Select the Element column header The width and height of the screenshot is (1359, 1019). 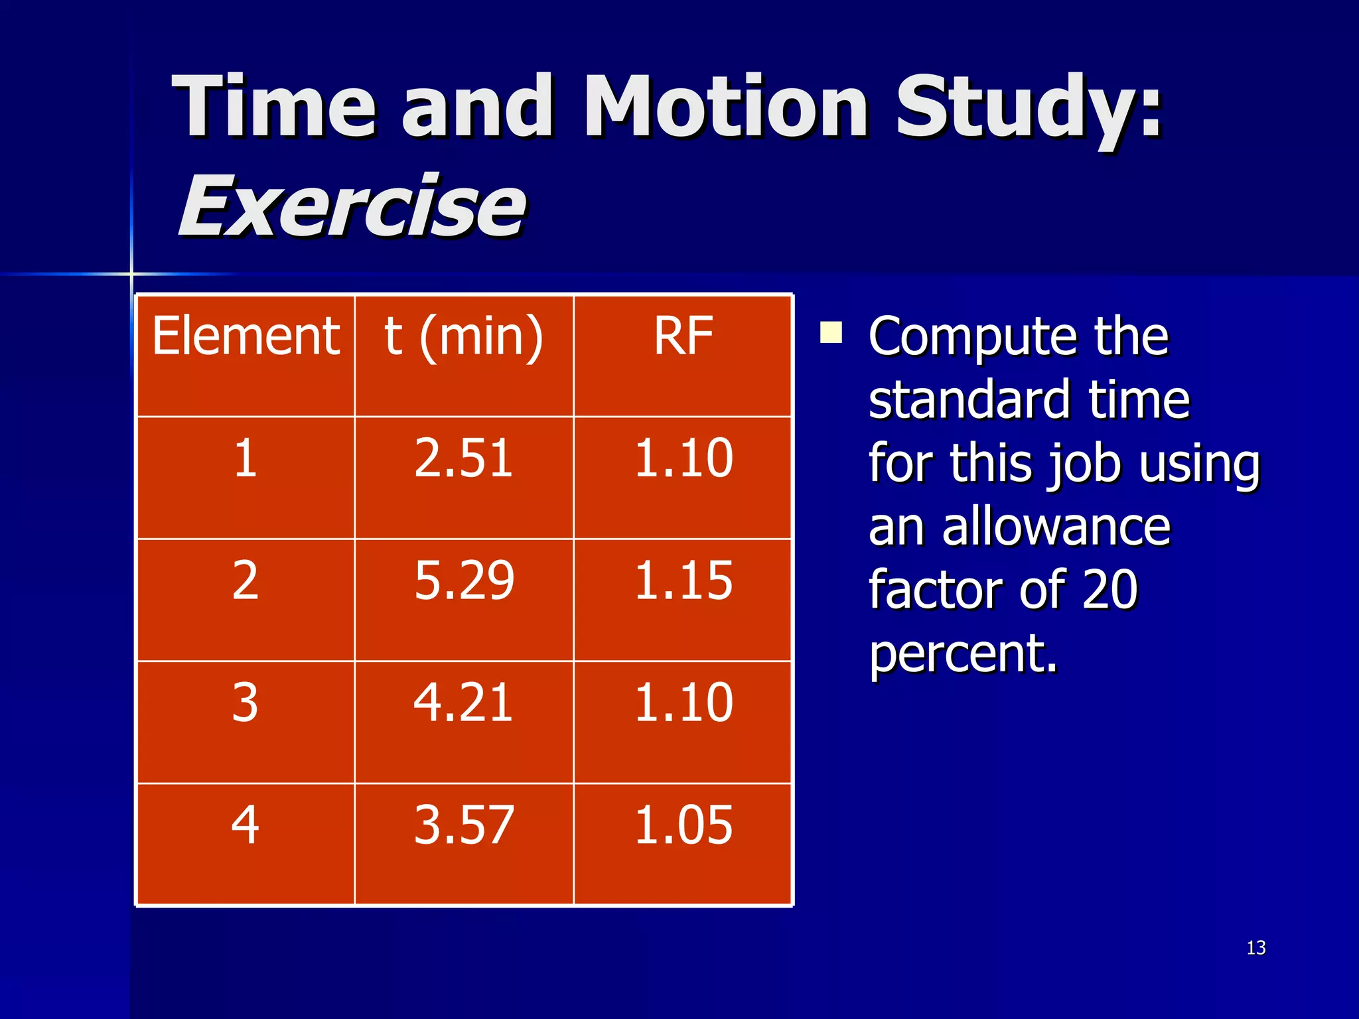coord(246,336)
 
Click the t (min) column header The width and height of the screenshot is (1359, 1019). coord(464,336)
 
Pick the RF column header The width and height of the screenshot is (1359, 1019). coord(683,336)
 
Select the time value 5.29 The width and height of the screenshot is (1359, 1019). coord(464,580)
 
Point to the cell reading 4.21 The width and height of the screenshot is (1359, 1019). coord(464,703)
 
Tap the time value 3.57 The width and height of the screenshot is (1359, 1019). coord(464,825)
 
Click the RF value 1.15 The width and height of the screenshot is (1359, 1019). coord(683,580)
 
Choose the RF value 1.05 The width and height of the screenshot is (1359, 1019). coord(683,825)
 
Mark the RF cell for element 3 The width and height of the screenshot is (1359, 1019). coord(683,703)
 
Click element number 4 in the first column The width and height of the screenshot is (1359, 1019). coord(245,825)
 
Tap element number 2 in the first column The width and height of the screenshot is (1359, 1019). coord(245,580)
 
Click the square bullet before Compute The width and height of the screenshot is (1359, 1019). coord(831,332)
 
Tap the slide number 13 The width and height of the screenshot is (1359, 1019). coord(1255,947)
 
